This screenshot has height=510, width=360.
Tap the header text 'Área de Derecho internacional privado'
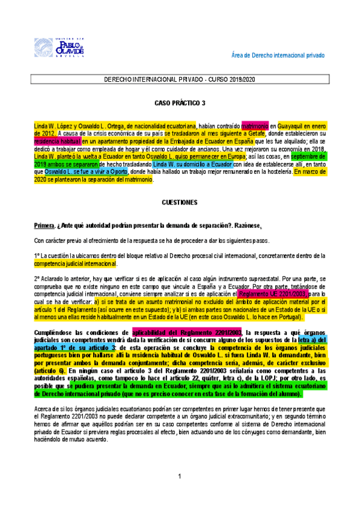(x=278, y=55)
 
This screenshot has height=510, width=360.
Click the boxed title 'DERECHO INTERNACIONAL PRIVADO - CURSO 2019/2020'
(x=180, y=79)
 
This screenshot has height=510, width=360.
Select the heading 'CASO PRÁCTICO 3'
(x=179, y=103)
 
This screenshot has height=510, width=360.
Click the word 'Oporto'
(x=114, y=171)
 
